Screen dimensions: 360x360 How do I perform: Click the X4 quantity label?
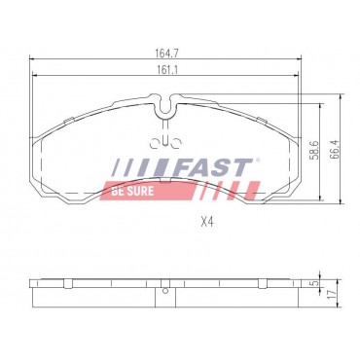206,222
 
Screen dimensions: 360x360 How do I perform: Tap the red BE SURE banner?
133,191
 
